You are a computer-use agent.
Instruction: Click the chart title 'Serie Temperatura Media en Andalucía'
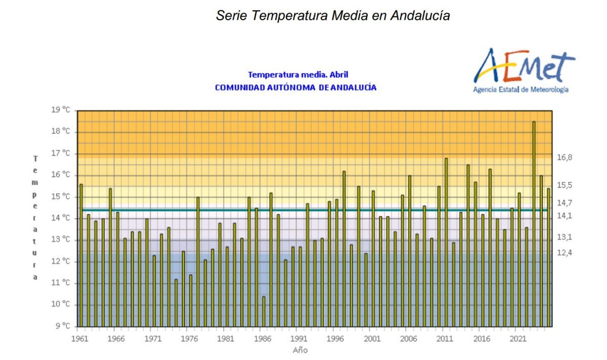333,16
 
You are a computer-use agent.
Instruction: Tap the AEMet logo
524,70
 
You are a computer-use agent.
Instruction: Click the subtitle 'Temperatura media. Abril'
298,74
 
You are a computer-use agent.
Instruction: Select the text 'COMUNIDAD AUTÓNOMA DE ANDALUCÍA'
295,87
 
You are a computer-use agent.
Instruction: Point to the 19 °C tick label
61,110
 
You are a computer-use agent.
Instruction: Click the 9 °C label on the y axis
63,326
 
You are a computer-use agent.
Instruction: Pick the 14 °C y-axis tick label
61,218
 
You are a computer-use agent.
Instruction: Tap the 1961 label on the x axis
80,339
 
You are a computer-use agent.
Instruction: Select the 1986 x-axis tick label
263,339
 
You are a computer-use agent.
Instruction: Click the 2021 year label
518,339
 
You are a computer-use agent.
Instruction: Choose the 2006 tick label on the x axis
408,339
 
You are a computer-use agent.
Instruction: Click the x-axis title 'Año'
300,350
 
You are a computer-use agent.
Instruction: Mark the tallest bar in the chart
534,224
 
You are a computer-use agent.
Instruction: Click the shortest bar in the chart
264,312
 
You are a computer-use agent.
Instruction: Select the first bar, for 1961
81,255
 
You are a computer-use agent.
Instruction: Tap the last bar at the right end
548,257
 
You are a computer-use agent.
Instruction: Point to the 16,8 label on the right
565,157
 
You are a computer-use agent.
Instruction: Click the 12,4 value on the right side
565,253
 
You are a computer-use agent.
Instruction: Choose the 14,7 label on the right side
565,203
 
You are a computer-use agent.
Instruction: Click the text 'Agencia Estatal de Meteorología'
521,89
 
